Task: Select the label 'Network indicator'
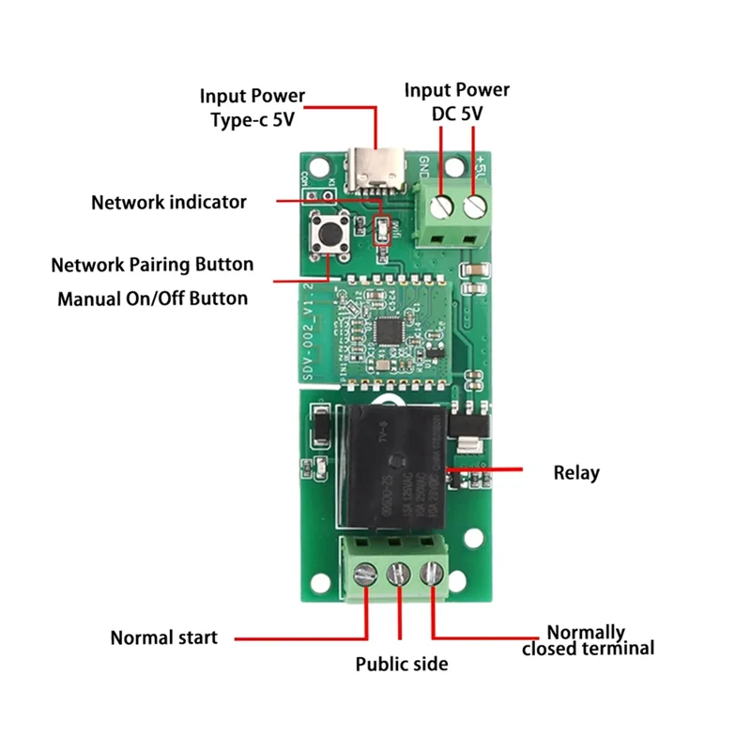169,202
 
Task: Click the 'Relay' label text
575,473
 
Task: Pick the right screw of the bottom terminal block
432,573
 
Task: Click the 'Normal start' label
164,637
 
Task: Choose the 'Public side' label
402,665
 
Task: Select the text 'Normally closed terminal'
588,640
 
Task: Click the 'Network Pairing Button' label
152,265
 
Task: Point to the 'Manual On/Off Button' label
153,299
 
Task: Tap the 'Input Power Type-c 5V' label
253,108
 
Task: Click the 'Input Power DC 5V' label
457,101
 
